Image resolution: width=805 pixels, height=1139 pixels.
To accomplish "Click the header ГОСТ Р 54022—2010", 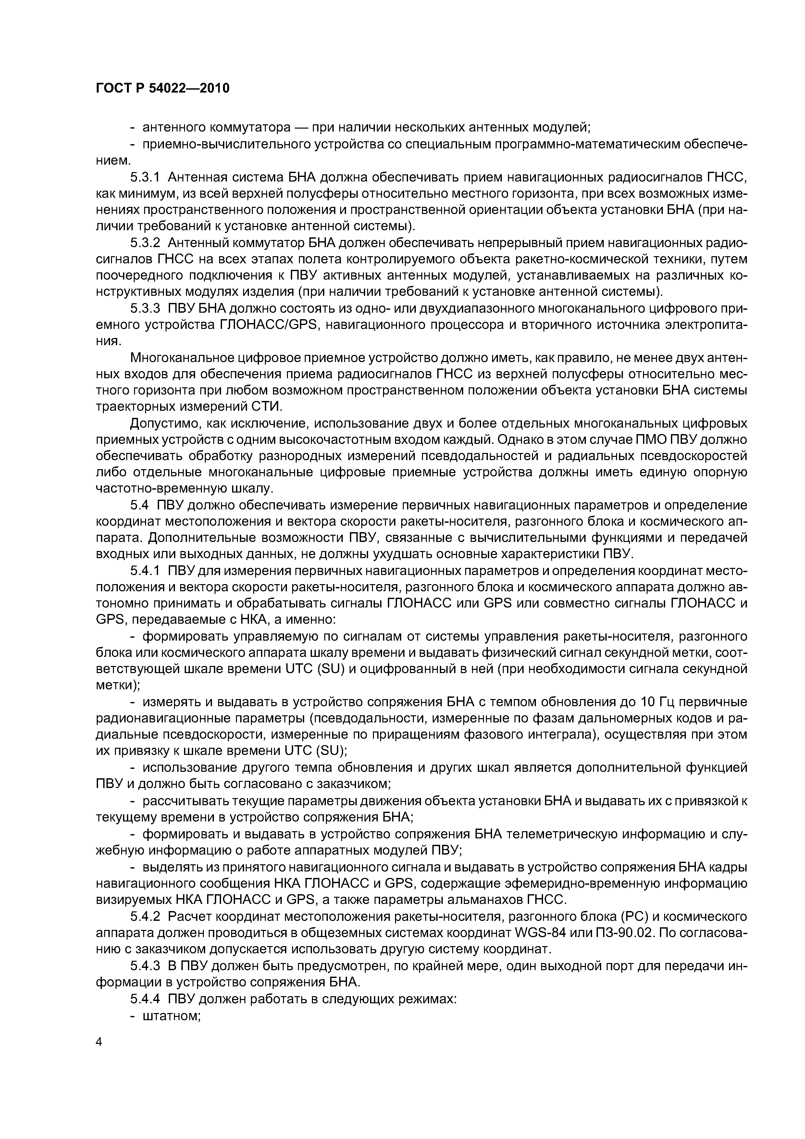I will pos(163,88).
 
